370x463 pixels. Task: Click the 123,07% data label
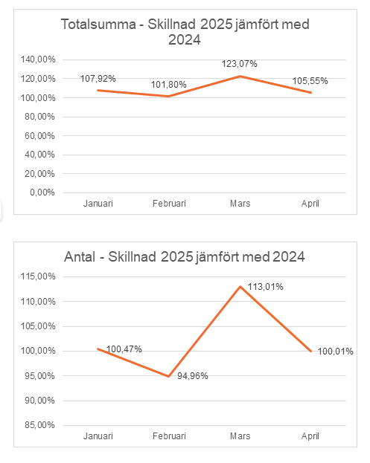[x=239, y=64]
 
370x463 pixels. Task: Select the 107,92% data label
[x=98, y=79]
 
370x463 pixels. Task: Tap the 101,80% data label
[x=168, y=85]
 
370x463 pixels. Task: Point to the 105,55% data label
[x=310, y=81]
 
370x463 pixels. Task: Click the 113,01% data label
[x=265, y=287]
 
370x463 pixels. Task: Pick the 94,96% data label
[x=193, y=376]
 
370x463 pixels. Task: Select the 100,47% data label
[x=124, y=349]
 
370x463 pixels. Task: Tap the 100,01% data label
[x=336, y=352]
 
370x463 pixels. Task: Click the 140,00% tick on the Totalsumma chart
[x=38, y=59]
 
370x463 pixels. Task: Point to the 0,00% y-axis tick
[x=42, y=192]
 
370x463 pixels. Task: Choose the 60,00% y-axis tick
[x=39, y=136]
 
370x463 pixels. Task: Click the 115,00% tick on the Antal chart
[x=38, y=276]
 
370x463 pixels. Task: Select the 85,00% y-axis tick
[x=39, y=425]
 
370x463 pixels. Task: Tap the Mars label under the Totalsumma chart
[x=240, y=204]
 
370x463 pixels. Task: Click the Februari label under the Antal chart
[x=169, y=436]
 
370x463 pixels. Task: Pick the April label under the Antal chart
[x=310, y=436]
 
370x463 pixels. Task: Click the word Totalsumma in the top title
[x=98, y=25]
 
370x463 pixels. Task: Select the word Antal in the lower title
[x=80, y=257]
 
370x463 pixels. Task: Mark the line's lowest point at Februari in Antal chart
[x=168, y=376]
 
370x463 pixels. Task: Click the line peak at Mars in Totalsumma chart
[x=240, y=77]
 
